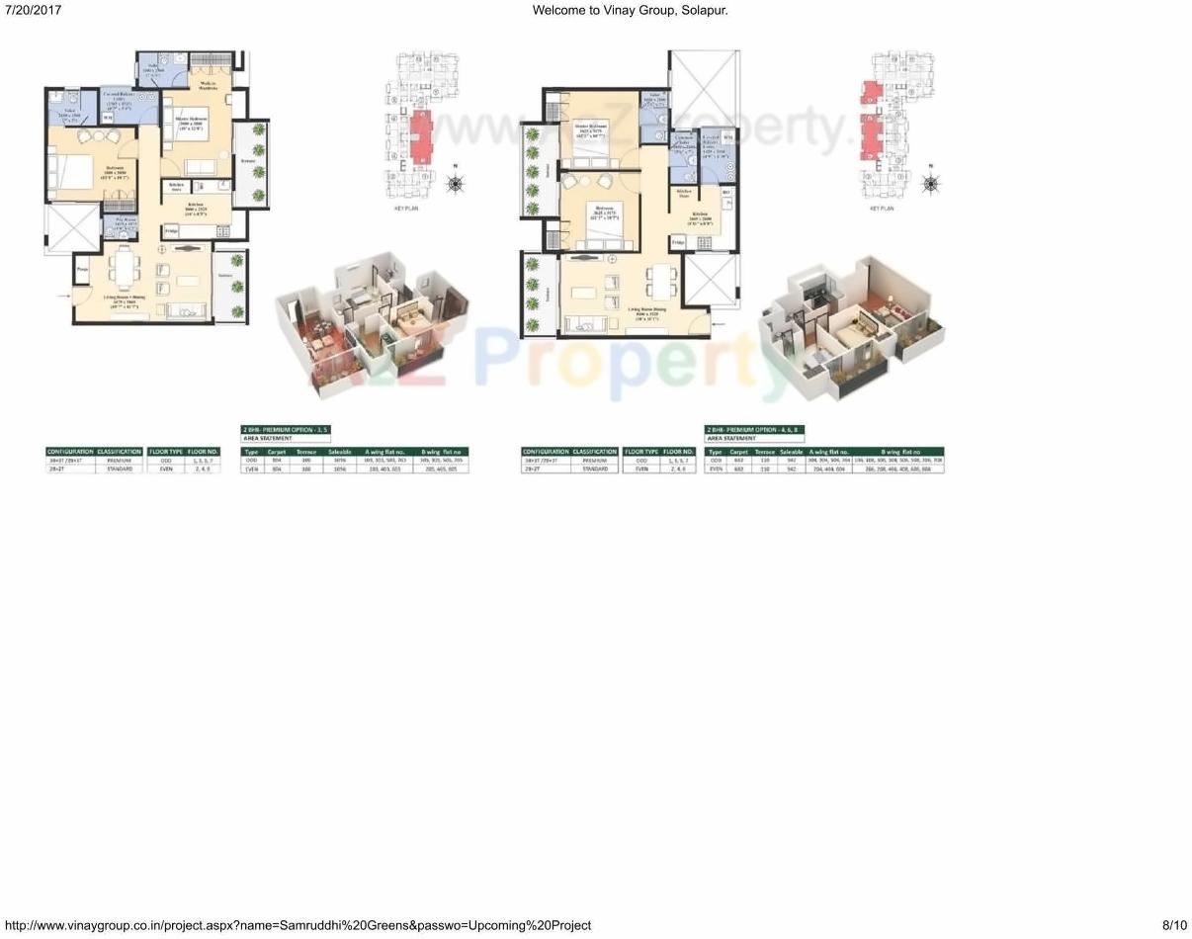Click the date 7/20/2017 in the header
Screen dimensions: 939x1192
33,10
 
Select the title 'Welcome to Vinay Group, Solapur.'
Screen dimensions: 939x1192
630,10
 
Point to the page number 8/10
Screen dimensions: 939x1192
1174,925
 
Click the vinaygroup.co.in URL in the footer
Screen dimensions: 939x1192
298,925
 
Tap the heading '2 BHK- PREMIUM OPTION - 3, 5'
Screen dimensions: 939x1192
285,430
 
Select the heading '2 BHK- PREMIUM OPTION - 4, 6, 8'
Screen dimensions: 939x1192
754,430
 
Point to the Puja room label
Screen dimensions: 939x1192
82,268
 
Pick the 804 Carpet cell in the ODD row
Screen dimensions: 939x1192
277,461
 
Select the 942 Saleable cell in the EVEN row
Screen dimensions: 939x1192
791,469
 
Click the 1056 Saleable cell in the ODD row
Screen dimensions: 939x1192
341,461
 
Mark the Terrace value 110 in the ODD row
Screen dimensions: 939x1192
765,461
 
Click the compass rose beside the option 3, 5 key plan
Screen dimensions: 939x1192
455,183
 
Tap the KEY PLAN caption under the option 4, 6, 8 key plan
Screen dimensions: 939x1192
882,209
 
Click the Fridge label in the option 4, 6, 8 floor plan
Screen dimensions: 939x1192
678,241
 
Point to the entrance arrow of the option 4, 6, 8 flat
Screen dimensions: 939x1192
719,324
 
